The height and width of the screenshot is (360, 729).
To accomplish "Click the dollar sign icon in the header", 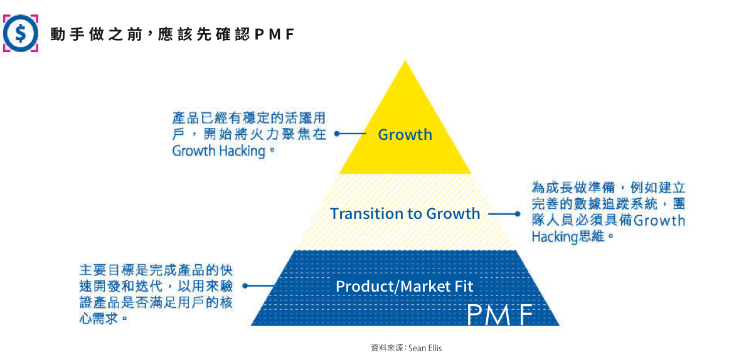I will click(20, 33).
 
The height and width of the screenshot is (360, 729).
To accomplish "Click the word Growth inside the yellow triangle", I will click(405, 134).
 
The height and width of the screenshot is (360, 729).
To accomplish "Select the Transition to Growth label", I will click(405, 213).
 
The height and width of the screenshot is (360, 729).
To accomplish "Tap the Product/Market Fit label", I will click(404, 287).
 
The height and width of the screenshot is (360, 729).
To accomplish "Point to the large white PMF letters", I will click(500, 315).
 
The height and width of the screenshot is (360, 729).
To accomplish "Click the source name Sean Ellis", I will click(425, 347).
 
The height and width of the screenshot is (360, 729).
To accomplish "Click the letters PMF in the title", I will click(275, 34).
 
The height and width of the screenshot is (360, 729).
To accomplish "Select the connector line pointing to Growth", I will click(351, 134).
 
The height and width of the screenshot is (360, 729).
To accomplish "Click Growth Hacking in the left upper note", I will click(218, 151).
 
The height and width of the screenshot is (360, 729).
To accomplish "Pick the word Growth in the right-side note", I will click(659, 220).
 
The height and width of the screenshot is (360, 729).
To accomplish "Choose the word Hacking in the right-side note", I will click(554, 236).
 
